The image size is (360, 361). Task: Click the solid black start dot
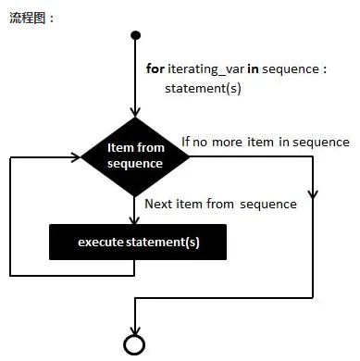pos(136,36)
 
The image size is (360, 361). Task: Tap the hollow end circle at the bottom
pos(136,344)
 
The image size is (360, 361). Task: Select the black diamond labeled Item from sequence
pos(135,155)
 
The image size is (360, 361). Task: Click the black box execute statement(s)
pos(137,243)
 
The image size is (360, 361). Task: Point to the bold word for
pos(155,68)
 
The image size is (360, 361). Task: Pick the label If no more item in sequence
pos(265,142)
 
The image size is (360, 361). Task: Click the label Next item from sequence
pos(220,204)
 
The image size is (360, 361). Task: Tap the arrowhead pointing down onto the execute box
pos(136,220)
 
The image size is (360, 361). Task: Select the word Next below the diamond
pos(160,204)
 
